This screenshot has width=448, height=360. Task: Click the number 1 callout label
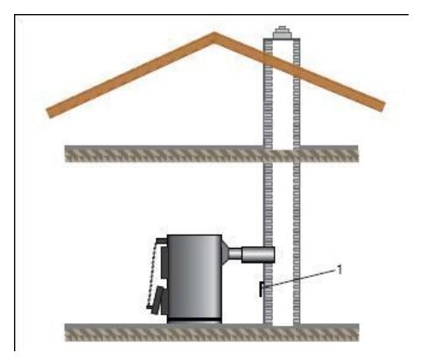pos(339,270)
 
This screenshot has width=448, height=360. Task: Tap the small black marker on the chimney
pos(261,290)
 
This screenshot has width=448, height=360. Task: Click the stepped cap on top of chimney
pos(282,32)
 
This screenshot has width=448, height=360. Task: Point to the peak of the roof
pos(214,34)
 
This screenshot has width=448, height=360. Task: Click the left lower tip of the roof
pos(50,113)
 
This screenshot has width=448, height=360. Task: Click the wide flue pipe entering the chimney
pos(258,255)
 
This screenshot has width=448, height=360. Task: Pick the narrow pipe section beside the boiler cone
pos(235,253)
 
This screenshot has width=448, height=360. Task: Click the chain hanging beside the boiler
pos(152,273)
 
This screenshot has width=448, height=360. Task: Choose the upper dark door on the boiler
pos(164,262)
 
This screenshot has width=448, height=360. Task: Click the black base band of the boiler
pos(194,321)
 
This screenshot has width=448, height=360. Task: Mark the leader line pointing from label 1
pos(300,279)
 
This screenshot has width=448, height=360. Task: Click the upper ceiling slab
pos(212,153)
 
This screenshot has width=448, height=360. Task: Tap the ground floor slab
pos(212,332)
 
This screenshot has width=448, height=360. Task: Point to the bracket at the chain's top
pos(161,241)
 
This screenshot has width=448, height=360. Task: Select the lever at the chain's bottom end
pos(151,307)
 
